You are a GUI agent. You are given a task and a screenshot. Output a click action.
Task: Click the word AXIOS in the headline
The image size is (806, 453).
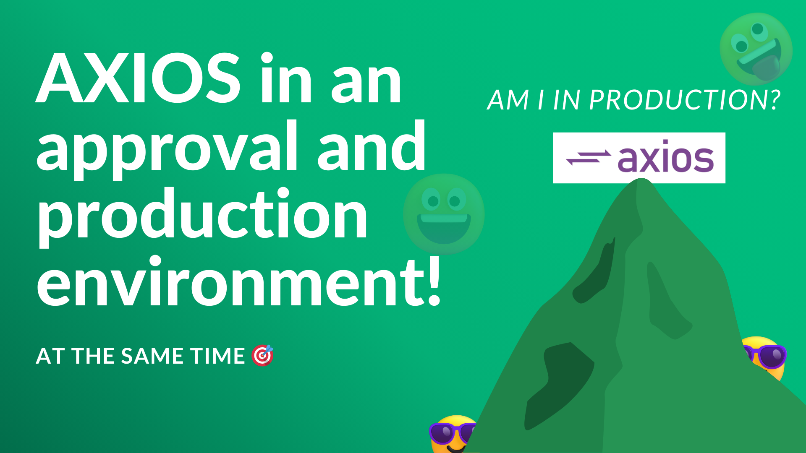click(x=138, y=78)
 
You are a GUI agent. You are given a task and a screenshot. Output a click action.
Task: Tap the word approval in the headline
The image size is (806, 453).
click(x=167, y=149)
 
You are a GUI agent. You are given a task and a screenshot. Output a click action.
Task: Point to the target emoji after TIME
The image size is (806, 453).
click(x=263, y=355)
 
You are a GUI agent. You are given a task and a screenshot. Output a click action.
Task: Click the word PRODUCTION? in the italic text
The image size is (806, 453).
click(x=685, y=100)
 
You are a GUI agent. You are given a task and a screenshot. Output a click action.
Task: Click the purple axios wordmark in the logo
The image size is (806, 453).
click(x=666, y=157)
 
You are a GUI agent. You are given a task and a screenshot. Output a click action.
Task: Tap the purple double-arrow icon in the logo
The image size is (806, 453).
click(x=589, y=158)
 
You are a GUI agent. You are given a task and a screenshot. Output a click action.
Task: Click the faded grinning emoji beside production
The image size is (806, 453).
click(x=444, y=214)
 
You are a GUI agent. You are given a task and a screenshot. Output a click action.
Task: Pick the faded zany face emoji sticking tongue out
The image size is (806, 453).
click(x=756, y=49)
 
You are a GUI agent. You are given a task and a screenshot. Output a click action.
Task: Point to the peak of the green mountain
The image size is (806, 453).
click(x=641, y=179)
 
